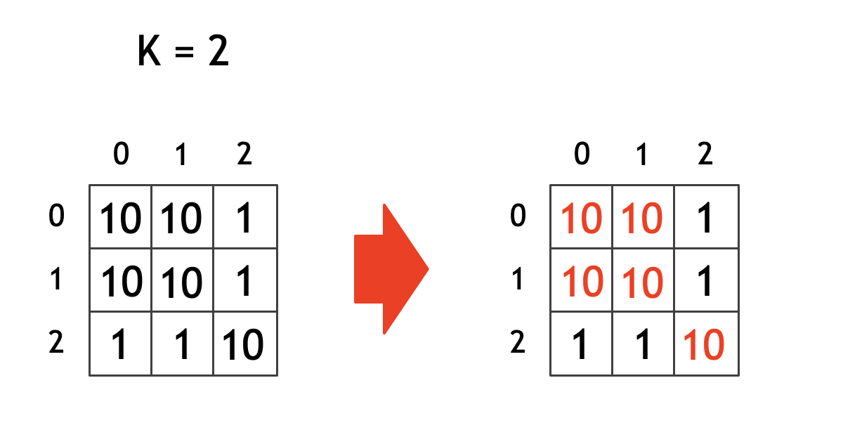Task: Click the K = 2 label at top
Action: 183,52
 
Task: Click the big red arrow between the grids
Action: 390,268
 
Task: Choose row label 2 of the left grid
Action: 57,344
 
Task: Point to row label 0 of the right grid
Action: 518,217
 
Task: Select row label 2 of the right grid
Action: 518,344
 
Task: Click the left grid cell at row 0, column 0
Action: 121,219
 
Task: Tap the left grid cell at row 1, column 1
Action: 182,282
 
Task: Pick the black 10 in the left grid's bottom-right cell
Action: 243,345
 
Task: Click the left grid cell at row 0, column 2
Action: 244,219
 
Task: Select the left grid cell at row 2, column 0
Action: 121,345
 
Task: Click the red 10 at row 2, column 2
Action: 703,345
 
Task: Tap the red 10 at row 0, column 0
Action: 582,219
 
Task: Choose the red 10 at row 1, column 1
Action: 643,282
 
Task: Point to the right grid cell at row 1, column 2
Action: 705,282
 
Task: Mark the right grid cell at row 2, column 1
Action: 643,345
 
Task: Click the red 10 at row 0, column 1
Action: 643,219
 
